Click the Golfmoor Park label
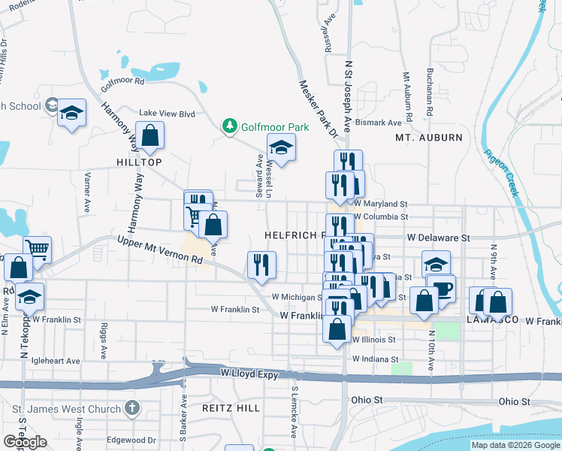tap(275, 127)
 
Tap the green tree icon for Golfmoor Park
tap(231, 127)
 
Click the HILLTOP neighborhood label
tap(139, 162)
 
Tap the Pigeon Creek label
tap(501, 172)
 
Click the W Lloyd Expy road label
tap(250, 372)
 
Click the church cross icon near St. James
tap(132, 409)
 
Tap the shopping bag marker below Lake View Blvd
tap(150, 135)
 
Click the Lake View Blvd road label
tap(166, 114)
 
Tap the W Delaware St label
tap(438, 237)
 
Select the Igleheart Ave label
tap(55, 361)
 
